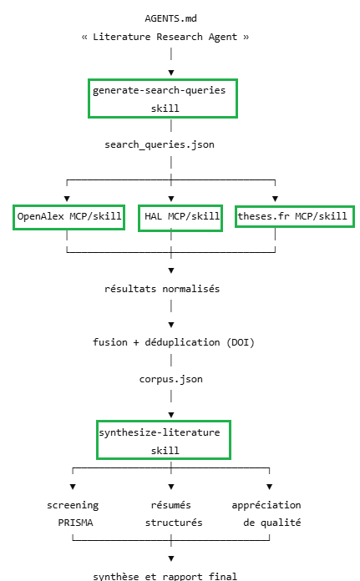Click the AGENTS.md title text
click(170, 18)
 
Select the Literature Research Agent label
click(165, 37)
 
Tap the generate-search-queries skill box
click(163, 99)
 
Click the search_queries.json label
click(160, 144)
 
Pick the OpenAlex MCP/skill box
click(69, 217)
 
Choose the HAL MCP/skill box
click(180, 218)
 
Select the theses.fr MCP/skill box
click(295, 216)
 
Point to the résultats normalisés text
click(162, 289)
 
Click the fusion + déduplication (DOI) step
click(174, 342)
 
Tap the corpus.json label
click(171, 379)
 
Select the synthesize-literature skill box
click(164, 440)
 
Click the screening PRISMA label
click(73, 514)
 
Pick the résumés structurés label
click(174, 514)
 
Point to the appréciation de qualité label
click(266, 514)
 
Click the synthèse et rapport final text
click(165, 576)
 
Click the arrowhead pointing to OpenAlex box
click(67, 199)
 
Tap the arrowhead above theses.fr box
click(275, 199)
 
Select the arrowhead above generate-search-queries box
click(171, 73)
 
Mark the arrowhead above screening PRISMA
click(73, 487)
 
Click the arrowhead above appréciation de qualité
click(270, 487)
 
